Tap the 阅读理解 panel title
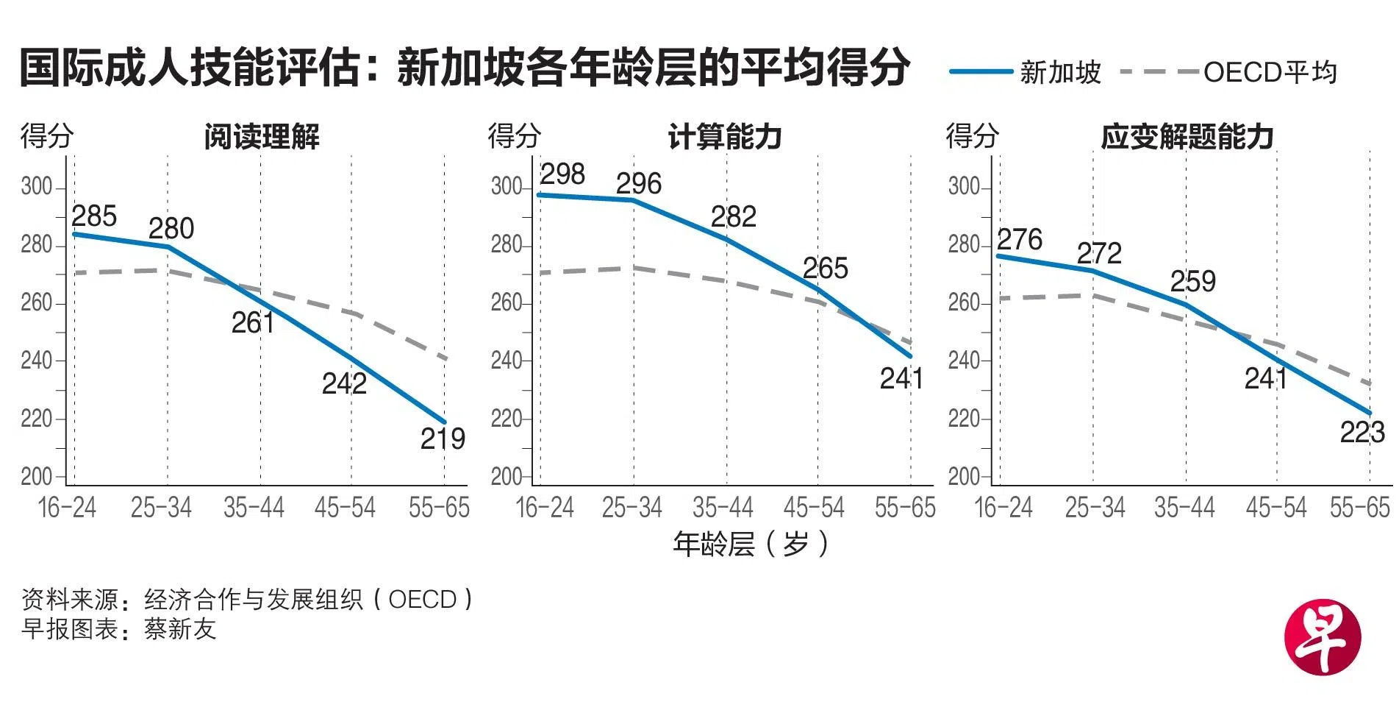(x=262, y=137)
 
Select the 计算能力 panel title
(x=724, y=137)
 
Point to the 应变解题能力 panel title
(x=1187, y=137)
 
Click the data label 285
(x=94, y=216)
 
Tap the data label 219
(x=443, y=439)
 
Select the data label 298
(x=562, y=174)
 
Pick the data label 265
(x=825, y=269)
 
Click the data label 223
(x=1362, y=433)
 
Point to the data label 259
(x=1192, y=281)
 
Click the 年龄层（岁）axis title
(x=751, y=545)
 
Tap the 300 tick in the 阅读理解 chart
(x=37, y=187)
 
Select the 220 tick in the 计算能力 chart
(x=507, y=419)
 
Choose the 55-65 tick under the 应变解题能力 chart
(x=1359, y=508)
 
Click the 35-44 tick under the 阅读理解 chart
(x=254, y=508)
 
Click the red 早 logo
(x=1322, y=637)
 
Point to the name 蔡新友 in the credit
(x=180, y=630)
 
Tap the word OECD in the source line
(x=422, y=600)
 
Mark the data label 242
(x=344, y=383)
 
